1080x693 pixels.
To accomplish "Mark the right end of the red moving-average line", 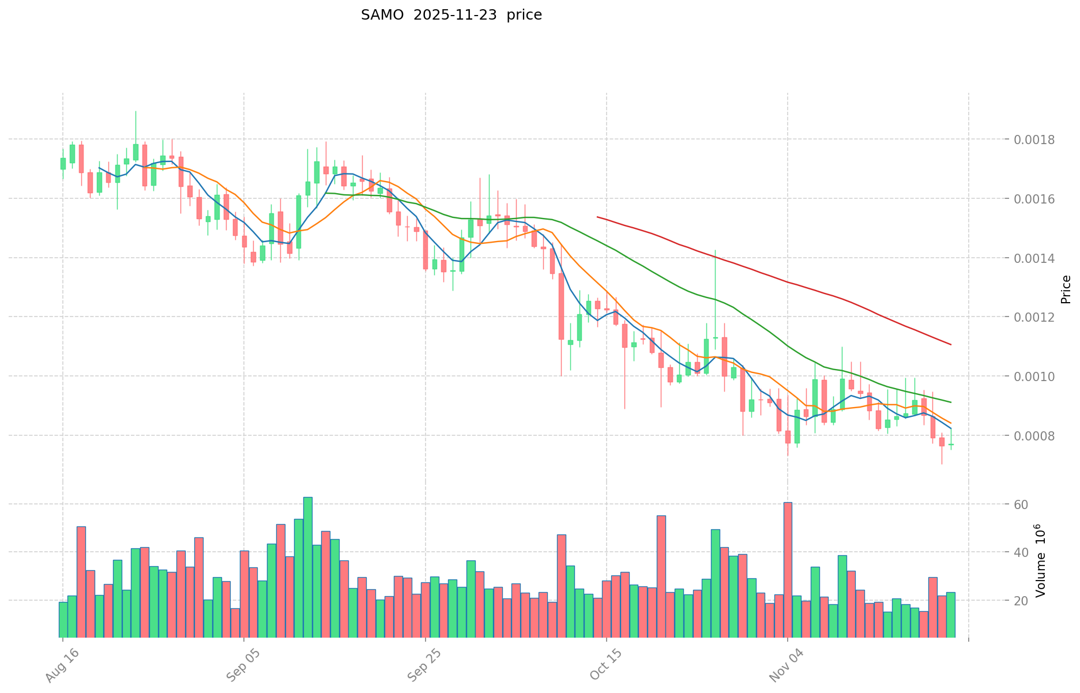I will click(x=950, y=345).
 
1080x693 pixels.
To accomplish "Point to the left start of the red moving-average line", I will click(x=598, y=217).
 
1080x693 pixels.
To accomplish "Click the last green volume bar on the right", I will click(x=950, y=615).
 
